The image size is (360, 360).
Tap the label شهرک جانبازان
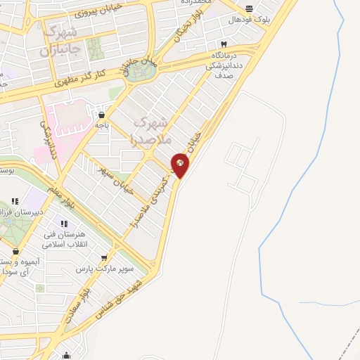point(62,40)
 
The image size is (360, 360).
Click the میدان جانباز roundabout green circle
point(139,71)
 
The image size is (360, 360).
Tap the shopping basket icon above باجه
point(103,114)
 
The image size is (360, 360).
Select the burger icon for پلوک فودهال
point(250,9)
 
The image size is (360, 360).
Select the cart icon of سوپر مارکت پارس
point(105,258)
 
